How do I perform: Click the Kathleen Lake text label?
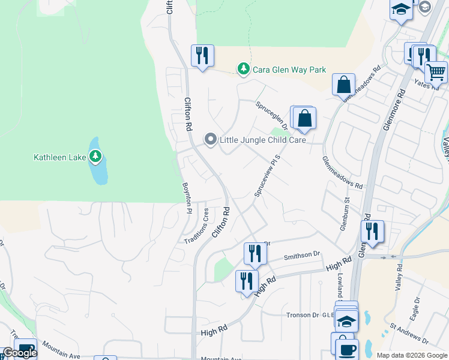point(59,158)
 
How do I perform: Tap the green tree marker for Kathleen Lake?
point(95,157)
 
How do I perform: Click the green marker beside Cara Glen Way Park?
point(243,70)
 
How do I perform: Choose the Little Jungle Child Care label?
point(262,140)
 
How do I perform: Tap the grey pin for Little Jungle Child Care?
point(210,140)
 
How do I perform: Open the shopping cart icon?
point(436,72)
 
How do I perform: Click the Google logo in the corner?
point(20,353)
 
